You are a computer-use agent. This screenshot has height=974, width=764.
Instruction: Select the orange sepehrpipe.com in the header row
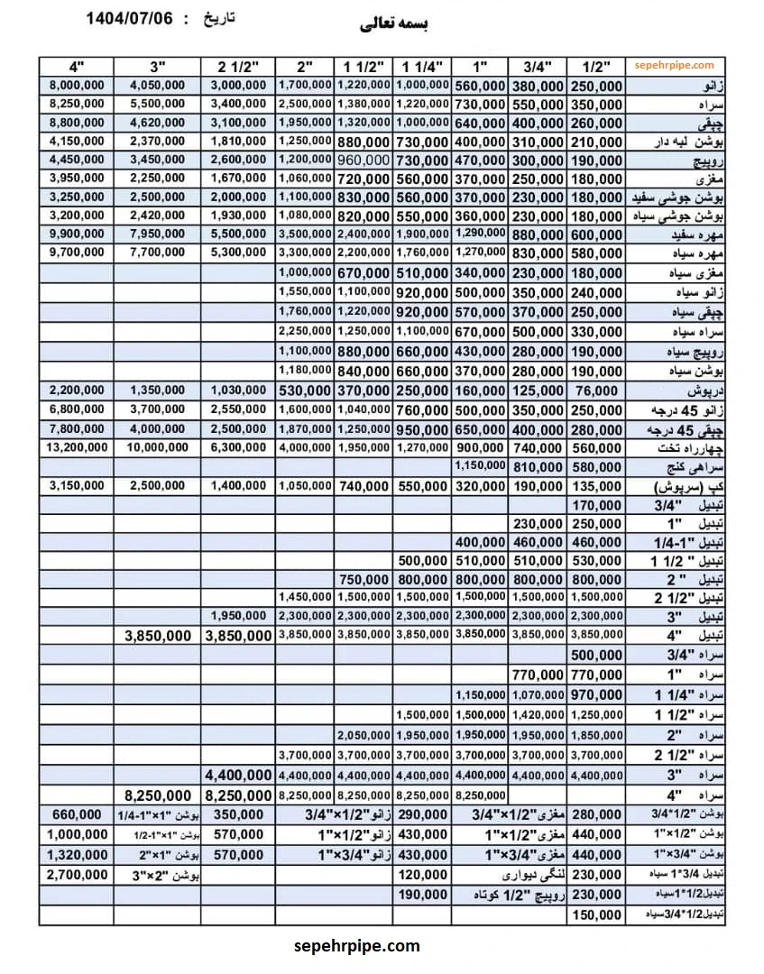pyautogui.click(x=674, y=65)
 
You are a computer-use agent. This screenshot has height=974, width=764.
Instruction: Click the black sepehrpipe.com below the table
pyautogui.click(x=357, y=946)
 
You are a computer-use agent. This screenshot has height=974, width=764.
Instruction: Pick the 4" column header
pyautogui.click(x=76, y=66)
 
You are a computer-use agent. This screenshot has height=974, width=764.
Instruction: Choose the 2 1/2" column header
pyautogui.click(x=237, y=66)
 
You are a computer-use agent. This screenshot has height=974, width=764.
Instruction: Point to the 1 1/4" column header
pyautogui.click(x=421, y=66)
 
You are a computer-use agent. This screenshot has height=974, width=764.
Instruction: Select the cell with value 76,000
pyautogui.click(x=595, y=391)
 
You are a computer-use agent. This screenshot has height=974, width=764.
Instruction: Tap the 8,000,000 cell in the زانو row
pyautogui.click(x=76, y=85)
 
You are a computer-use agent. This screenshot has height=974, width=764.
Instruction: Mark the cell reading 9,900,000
pyautogui.click(x=76, y=234)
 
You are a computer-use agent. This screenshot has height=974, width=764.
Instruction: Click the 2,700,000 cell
pyautogui.click(x=76, y=874)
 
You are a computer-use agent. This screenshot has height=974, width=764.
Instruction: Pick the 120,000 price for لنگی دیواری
pyautogui.click(x=421, y=874)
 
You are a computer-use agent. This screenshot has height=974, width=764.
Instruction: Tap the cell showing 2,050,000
pyautogui.click(x=364, y=735)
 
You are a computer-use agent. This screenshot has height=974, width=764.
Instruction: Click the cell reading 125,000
pyautogui.click(x=537, y=391)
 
